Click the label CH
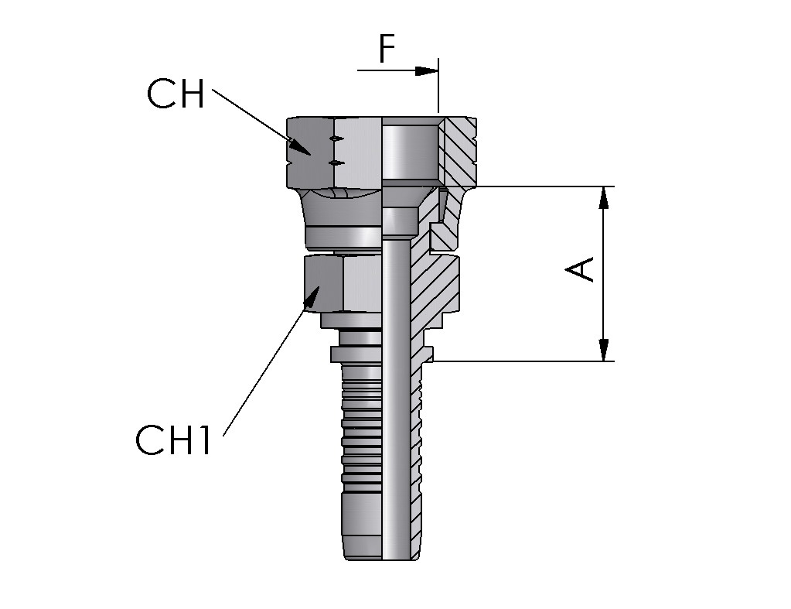176,95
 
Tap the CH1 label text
173,440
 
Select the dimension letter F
387,50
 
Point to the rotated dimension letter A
581,269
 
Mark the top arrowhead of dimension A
604,198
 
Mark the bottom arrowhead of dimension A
604,350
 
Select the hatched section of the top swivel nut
460,151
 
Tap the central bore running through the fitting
395,387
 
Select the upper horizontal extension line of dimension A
541,186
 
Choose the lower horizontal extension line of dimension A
526,361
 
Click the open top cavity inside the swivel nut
410,151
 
